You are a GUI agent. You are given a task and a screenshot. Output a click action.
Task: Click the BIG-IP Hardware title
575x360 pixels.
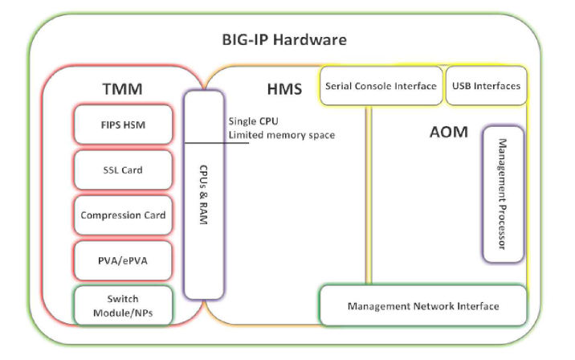284,39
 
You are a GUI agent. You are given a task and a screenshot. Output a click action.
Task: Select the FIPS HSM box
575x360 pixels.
123,125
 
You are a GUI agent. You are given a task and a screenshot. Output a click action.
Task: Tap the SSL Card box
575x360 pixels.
123,170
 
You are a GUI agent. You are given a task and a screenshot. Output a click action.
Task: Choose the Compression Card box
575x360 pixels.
123,215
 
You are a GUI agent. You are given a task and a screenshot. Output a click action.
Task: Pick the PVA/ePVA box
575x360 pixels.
123,260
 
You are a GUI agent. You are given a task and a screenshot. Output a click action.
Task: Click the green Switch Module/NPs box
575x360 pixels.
123,305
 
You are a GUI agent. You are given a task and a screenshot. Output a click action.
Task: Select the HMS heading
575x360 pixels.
284,87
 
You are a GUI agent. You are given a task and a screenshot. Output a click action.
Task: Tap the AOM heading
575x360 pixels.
448,132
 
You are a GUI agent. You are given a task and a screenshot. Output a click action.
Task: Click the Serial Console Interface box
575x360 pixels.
381,86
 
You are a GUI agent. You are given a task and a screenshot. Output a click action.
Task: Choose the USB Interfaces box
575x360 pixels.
486,86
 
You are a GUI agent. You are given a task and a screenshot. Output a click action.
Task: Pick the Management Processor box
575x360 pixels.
503,194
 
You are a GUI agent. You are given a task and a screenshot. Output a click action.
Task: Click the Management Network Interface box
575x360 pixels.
422,306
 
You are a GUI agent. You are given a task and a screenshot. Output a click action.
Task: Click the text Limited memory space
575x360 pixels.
281,135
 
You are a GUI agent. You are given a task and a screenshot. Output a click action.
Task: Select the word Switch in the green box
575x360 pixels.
123,299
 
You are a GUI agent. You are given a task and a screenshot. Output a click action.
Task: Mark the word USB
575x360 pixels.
462,86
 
